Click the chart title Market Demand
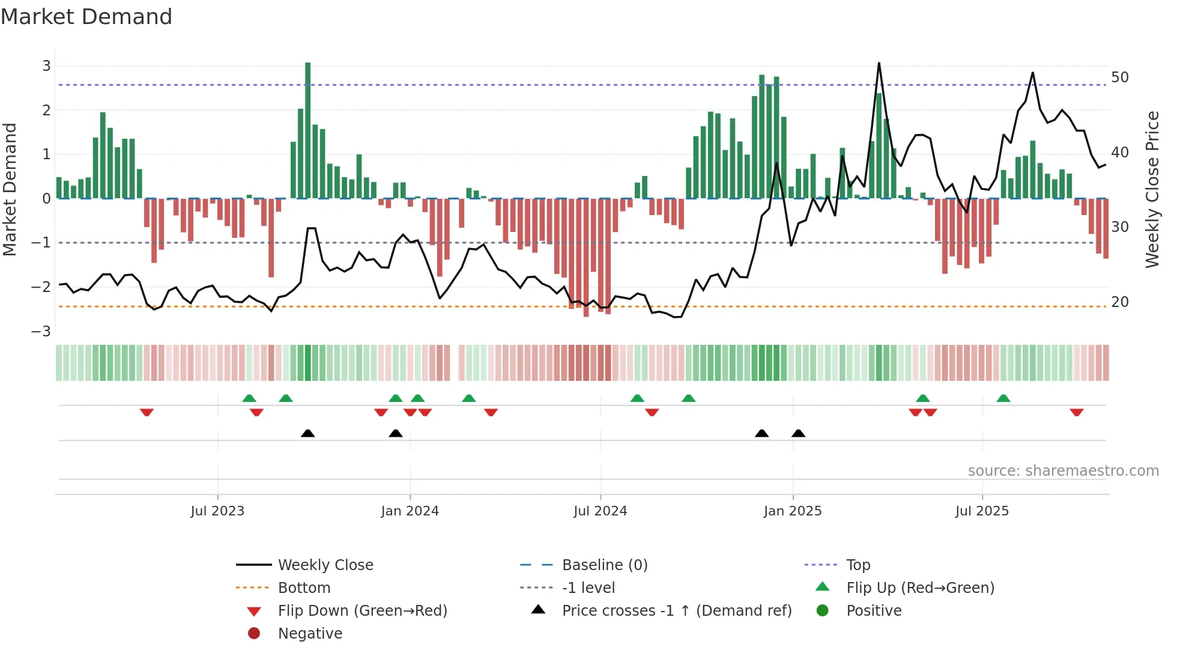[x=86, y=17]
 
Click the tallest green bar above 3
[x=307, y=129]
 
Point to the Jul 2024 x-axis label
[x=600, y=511]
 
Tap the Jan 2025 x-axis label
[x=793, y=511]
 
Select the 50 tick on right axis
[x=1119, y=77]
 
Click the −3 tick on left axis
[x=41, y=332]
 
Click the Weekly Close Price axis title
[x=1152, y=189]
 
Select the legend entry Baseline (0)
[x=604, y=565]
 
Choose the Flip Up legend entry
[x=920, y=588]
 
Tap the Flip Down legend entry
[x=362, y=611]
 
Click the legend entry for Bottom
[x=304, y=588]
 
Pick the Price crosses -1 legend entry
[x=676, y=611]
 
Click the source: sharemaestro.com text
[x=1063, y=471]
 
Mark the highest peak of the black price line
[x=879, y=63]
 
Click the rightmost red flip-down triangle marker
[x=1076, y=413]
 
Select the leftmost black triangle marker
[x=307, y=433]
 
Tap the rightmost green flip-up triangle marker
[x=1003, y=398]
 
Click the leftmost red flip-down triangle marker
[x=147, y=413]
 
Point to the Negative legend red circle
[x=254, y=634]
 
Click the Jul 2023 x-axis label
[x=217, y=511]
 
